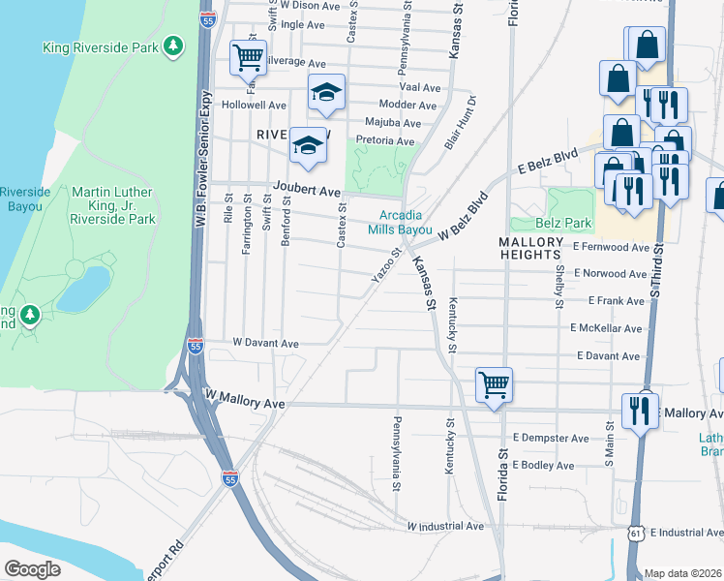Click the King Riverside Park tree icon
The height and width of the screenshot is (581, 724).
point(173,46)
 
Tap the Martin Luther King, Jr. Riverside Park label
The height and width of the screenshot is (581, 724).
point(113,205)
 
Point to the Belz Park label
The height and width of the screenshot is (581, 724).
point(563,224)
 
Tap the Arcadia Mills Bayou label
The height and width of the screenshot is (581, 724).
point(399,223)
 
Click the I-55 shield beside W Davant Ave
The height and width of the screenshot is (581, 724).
point(196,345)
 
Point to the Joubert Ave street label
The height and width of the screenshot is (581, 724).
point(308,192)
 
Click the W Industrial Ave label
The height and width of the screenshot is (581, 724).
point(444,527)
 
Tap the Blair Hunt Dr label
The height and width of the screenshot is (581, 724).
point(461,121)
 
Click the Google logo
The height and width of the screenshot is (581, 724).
point(32,569)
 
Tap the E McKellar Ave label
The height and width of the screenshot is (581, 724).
point(606,329)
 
